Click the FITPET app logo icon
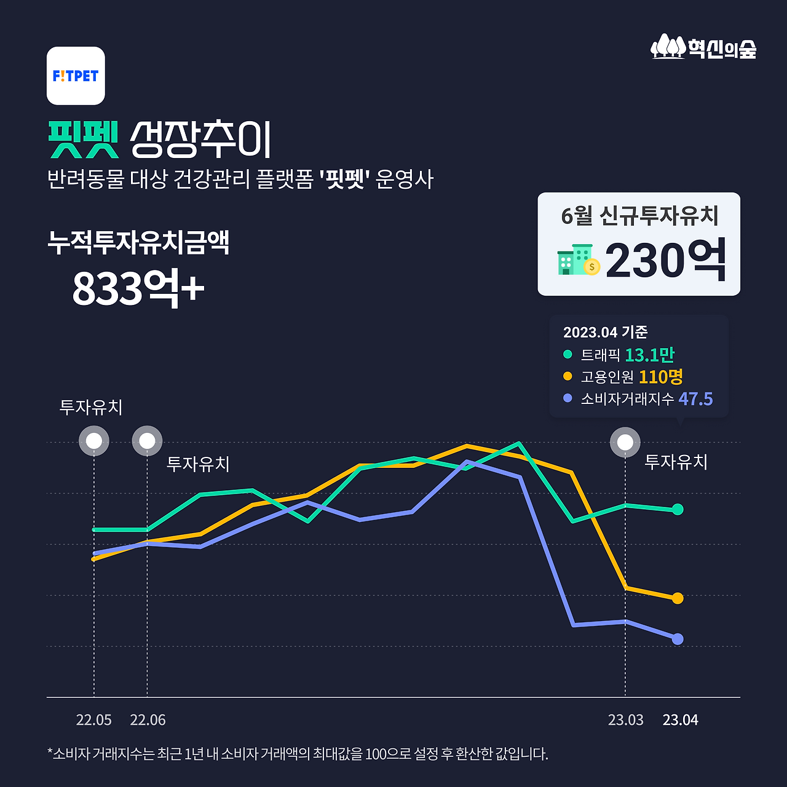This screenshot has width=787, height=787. (x=76, y=76)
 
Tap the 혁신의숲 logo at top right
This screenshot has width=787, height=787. (x=703, y=47)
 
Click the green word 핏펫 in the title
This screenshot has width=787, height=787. (x=84, y=140)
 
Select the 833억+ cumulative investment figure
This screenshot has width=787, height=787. (x=138, y=287)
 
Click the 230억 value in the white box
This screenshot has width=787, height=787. (x=666, y=261)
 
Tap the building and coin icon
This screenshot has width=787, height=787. (x=578, y=260)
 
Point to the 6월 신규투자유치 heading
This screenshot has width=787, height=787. (x=639, y=215)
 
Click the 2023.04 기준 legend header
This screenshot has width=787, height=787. (x=605, y=332)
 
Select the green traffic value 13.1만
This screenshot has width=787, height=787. (x=649, y=355)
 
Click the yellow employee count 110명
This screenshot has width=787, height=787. (x=660, y=376)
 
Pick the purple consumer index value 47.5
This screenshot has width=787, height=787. (x=695, y=398)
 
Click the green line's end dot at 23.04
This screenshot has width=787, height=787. (x=678, y=509)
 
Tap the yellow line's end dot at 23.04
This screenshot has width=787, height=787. (x=678, y=598)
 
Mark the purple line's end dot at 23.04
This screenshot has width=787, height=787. (x=678, y=639)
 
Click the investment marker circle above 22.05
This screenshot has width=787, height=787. (x=94, y=441)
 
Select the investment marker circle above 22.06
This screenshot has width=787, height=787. (x=147, y=441)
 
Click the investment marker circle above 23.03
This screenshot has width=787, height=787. (x=625, y=442)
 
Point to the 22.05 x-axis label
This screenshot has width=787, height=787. (x=93, y=720)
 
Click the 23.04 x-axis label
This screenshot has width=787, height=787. (x=680, y=720)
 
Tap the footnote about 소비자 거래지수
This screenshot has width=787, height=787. (x=297, y=754)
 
